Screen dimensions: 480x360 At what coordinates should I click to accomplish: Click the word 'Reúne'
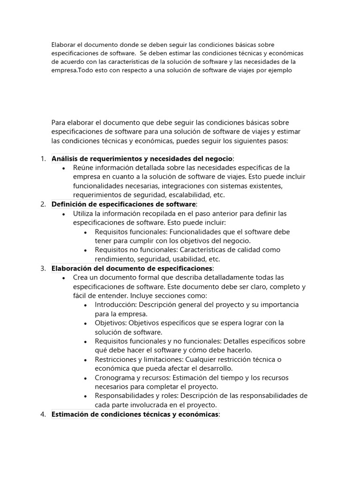pyautogui.click(x=83, y=168)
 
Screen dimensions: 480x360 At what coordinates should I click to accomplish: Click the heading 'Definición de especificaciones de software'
pyautogui.click(x=124, y=204)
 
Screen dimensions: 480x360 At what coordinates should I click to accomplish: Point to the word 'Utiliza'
pyautogui.click(x=85, y=213)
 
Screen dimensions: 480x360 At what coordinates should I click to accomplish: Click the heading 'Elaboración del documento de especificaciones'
pyautogui.click(x=132, y=268)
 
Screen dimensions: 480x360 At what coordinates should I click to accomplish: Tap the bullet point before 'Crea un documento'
pyautogui.click(x=64, y=277)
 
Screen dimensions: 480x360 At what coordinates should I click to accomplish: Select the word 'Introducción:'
pyautogui.click(x=117, y=305)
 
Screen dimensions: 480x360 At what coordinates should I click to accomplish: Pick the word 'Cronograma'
pyautogui.click(x=114, y=378)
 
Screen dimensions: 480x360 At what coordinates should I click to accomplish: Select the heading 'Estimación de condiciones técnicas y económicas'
pyautogui.click(x=135, y=414)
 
